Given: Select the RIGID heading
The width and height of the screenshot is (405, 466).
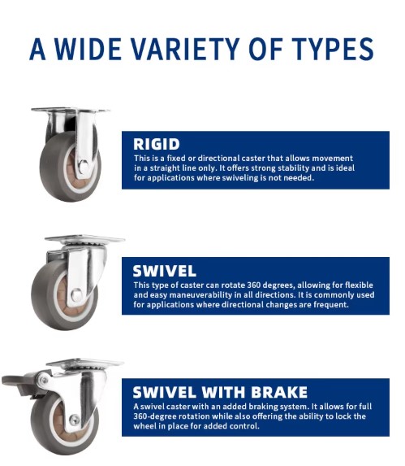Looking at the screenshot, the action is (x=157, y=144).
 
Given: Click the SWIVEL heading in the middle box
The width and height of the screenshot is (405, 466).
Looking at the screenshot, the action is (x=164, y=271).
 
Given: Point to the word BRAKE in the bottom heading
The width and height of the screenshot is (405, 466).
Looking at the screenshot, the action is (x=279, y=392).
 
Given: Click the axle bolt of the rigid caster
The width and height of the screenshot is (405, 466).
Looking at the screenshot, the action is (x=84, y=166).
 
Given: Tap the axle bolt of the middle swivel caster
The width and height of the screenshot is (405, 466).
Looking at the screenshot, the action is (x=76, y=295).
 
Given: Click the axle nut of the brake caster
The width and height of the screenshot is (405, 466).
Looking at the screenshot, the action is (x=74, y=420).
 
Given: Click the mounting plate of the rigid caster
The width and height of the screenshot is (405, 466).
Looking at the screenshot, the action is (x=71, y=111).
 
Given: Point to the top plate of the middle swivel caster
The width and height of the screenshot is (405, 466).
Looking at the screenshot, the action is (x=84, y=239).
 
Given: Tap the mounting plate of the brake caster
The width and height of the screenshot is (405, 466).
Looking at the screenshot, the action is (x=84, y=363).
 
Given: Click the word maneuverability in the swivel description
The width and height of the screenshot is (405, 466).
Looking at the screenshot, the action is (x=200, y=295).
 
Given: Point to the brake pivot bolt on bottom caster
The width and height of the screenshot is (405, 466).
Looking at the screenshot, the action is (x=44, y=380).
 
